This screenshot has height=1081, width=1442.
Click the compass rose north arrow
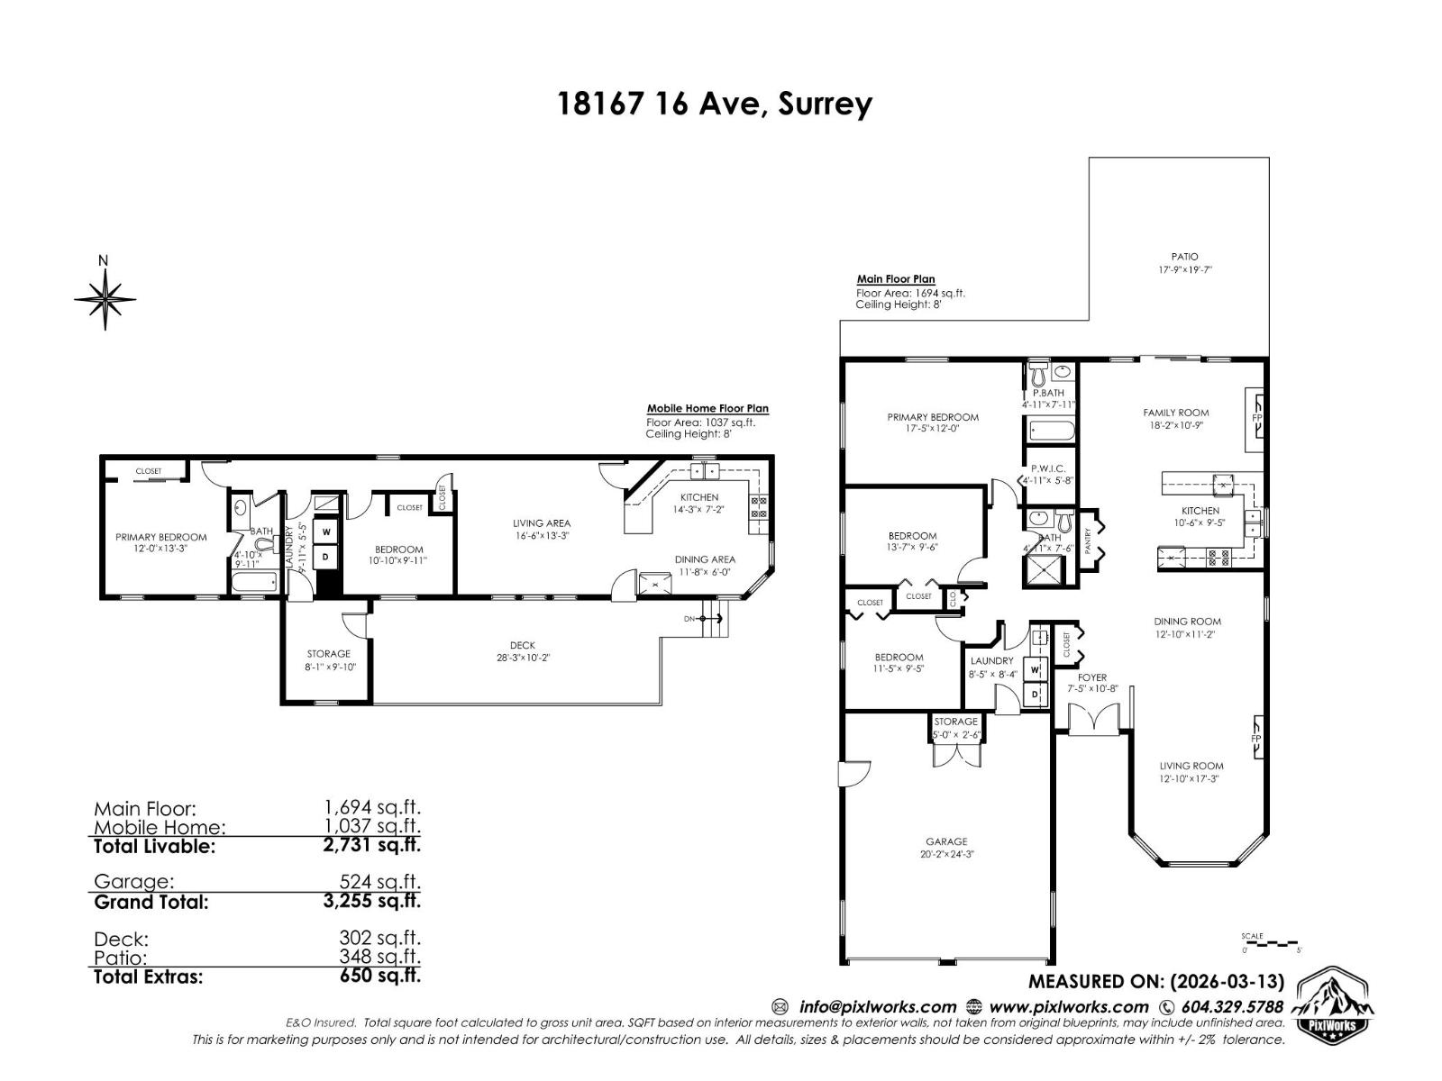(105, 297)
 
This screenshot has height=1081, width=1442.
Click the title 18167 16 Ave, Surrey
(715, 104)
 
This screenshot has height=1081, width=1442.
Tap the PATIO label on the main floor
(1184, 257)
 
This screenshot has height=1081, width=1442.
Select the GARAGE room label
(946, 841)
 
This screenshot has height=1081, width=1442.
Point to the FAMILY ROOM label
(1175, 413)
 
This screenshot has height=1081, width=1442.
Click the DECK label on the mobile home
(522, 645)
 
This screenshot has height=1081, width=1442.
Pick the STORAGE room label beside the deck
(328, 654)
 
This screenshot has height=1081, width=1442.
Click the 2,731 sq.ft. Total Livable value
(371, 845)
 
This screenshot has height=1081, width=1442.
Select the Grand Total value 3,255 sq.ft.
(371, 901)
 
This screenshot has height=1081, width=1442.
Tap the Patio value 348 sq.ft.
(379, 958)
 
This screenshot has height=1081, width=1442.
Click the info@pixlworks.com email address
(876, 1006)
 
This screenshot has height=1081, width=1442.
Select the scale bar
(1271, 942)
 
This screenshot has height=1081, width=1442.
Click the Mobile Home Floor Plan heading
(707, 408)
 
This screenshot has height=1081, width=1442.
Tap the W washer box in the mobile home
(326, 531)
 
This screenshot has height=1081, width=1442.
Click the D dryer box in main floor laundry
(1035, 694)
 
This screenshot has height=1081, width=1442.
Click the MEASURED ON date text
(1156, 981)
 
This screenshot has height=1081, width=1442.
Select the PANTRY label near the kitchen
(1088, 541)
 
